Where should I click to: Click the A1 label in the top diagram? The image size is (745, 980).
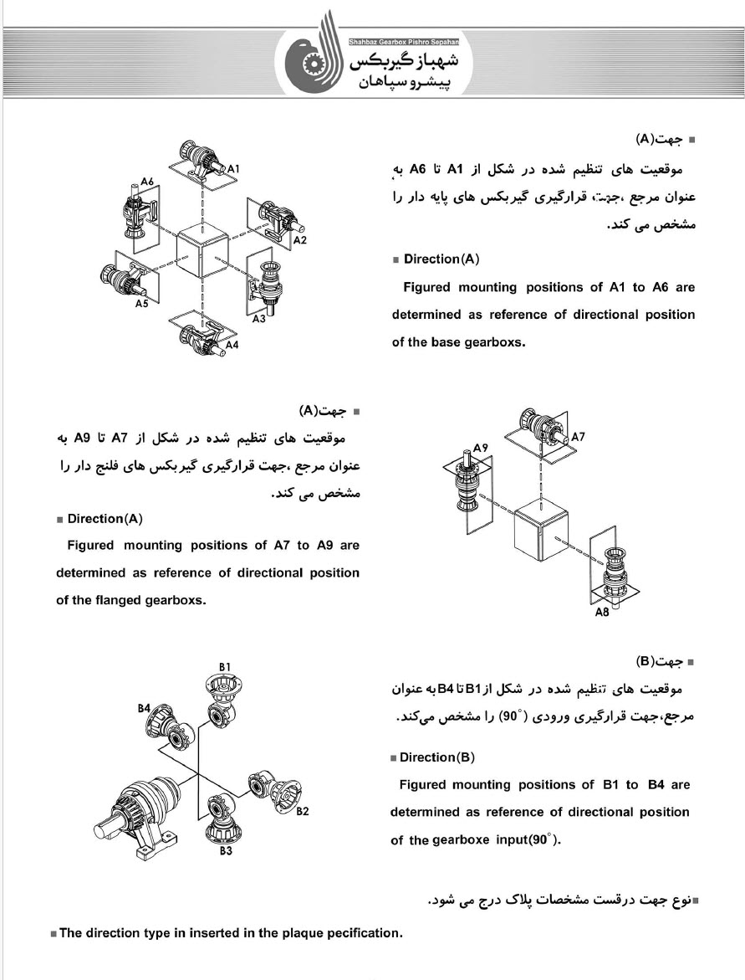234,168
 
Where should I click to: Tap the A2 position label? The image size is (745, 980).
299,240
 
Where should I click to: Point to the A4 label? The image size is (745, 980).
232,344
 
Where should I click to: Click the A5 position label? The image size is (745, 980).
142,304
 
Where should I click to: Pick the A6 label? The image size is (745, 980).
147,182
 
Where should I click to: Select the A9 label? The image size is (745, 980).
480,449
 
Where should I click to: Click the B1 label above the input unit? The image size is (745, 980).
225,665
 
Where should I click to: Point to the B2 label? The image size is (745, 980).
302,811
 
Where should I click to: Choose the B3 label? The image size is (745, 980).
225,851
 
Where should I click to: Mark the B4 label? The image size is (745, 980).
144,708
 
